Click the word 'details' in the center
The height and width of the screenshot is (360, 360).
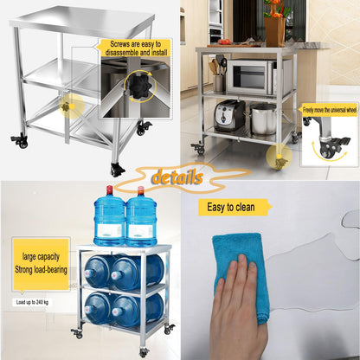[177, 177]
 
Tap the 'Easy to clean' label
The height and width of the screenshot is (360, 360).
[231, 207]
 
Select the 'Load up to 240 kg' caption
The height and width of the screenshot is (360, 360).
[32, 302]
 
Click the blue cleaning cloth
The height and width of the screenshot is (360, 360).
[241, 274]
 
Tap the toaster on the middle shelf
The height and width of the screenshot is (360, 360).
[229, 116]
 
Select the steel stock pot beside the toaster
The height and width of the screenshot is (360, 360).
[263, 119]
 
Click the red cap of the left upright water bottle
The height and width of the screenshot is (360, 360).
[109, 190]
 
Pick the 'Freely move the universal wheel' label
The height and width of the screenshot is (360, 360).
[330, 110]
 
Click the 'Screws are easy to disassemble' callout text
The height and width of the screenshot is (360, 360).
[136, 48]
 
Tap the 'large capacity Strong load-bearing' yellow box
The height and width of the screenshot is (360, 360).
[41, 264]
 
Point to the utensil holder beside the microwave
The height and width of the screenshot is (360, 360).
[218, 83]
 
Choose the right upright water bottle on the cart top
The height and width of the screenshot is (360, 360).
[141, 217]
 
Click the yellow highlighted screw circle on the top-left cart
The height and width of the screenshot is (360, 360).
[72, 106]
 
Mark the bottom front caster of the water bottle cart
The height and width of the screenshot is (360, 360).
[144, 352]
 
